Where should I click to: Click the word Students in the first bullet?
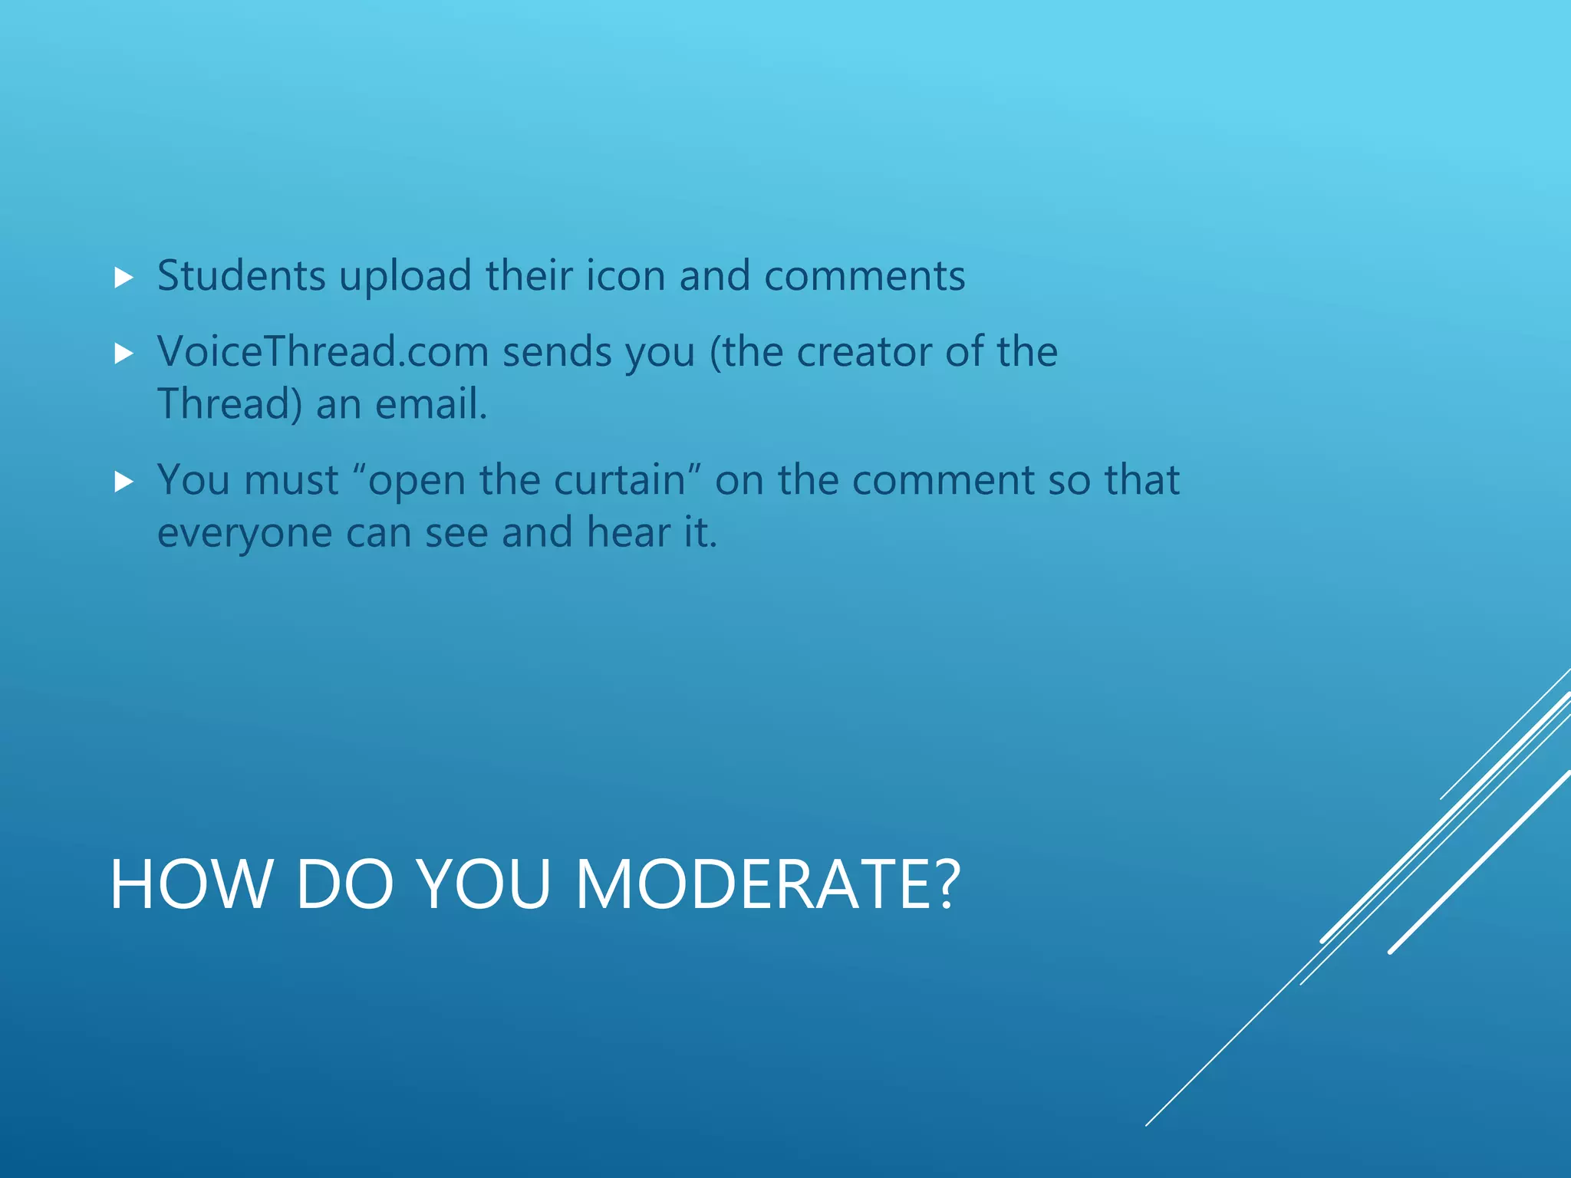pyautogui.click(x=241, y=275)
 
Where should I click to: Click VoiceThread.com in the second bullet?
pyautogui.click(x=323, y=352)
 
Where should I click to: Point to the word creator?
pyautogui.click(x=864, y=352)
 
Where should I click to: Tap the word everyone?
pyautogui.click(x=245, y=533)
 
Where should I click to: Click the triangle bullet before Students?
pyautogui.click(x=124, y=278)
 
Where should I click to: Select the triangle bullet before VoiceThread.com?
pyautogui.click(x=124, y=354)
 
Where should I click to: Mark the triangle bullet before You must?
pyautogui.click(x=124, y=482)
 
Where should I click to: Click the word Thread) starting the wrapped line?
pyautogui.click(x=229, y=404)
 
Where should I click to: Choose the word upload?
pyautogui.click(x=405, y=277)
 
